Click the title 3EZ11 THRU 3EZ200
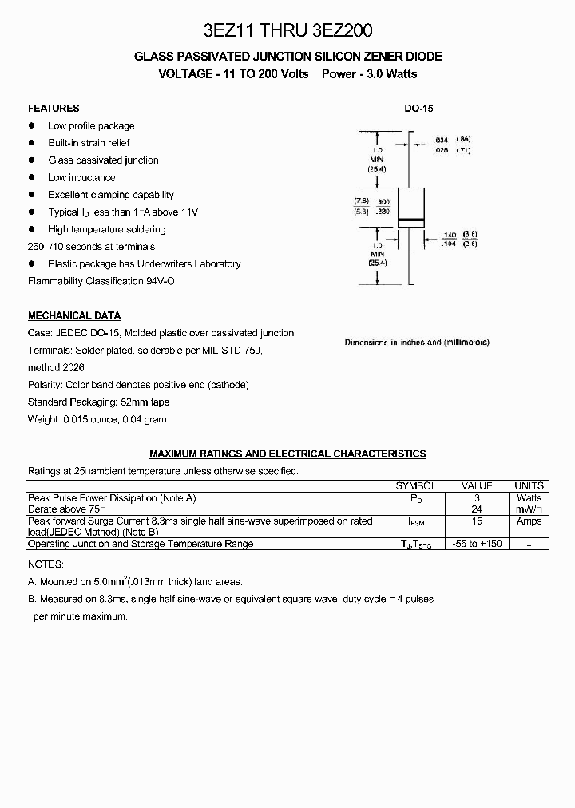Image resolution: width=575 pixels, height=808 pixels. click(x=287, y=31)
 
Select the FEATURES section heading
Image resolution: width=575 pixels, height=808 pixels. click(x=54, y=109)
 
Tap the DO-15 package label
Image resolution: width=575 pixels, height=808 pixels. click(x=418, y=109)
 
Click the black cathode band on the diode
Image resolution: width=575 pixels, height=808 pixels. click(x=410, y=220)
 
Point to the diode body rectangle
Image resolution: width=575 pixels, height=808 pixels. click(x=410, y=204)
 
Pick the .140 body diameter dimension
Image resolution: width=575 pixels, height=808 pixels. click(x=450, y=236)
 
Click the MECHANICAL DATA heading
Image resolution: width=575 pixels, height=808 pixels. click(x=74, y=315)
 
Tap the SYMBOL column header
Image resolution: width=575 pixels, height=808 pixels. click(x=416, y=485)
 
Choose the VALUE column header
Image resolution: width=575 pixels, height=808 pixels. click(x=478, y=485)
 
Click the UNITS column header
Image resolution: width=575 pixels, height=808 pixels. click(x=529, y=485)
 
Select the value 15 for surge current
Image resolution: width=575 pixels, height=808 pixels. click(x=478, y=521)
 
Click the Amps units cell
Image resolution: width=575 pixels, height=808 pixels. click(x=529, y=521)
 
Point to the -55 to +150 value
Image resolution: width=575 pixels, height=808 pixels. click(x=478, y=544)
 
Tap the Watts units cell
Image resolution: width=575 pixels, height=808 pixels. click(x=529, y=498)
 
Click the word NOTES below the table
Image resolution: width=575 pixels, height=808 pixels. click(x=45, y=564)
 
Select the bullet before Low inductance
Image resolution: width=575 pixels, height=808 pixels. click(x=32, y=177)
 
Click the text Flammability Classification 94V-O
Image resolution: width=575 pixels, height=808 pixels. click(x=101, y=281)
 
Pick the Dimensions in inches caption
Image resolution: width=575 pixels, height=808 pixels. click(x=417, y=342)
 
